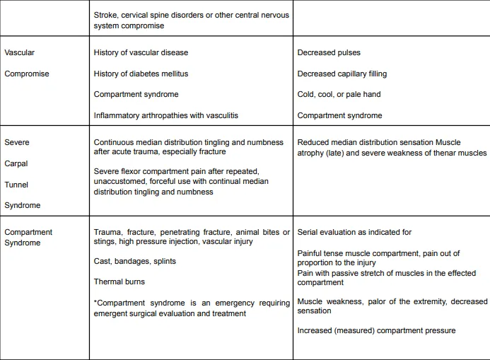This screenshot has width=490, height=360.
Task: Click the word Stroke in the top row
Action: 106,14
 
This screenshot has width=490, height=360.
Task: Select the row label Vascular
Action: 19,52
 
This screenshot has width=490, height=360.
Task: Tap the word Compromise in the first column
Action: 27,74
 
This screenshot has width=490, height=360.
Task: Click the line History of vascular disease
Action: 141,52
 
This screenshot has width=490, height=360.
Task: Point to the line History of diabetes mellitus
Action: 141,74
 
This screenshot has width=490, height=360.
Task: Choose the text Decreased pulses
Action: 329,52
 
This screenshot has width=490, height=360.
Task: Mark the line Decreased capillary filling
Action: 342,74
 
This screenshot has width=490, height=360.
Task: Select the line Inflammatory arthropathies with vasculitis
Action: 168,115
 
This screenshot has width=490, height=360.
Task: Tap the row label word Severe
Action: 17,142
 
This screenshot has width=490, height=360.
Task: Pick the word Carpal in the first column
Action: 17,163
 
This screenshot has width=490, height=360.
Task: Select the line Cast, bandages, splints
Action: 135,261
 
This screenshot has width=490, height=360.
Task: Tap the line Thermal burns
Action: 120,282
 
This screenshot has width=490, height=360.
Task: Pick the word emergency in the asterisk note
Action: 239,303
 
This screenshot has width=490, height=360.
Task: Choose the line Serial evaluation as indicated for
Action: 354,232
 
